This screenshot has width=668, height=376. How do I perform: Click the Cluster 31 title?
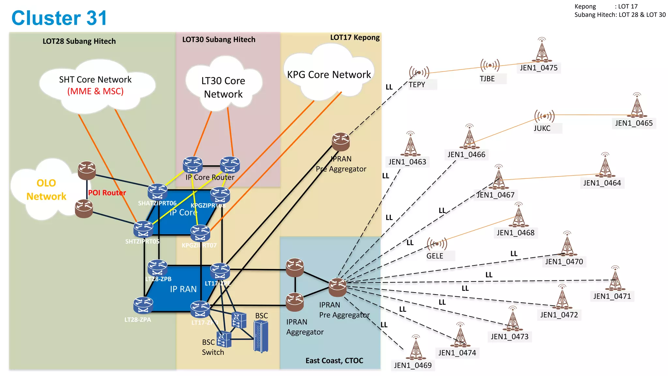(x=59, y=18)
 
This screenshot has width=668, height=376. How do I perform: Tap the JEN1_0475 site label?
(x=539, y=68)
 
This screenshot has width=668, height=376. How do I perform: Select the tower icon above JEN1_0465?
(x=637, y=106)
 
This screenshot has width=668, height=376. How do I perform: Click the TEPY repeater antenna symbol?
(x=419, y=72)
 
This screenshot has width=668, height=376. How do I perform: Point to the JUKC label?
(x=542, y=128)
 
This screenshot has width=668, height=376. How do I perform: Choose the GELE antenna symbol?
(x=436, y=243)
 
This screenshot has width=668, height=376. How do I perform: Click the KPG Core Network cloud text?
(x=329, y=75)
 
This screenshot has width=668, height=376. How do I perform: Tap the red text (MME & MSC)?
(x=95, y=91)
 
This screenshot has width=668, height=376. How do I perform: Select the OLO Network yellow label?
(x=46, y=190)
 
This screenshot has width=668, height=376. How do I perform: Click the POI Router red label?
(x=107, y=193)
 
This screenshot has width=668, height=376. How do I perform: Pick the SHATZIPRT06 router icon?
(x=158, y=191)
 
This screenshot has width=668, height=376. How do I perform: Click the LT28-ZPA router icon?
(x=143, y=305)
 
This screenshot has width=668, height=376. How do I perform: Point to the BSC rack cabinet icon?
(x=261, y=336)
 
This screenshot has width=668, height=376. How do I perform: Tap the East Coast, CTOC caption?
(x=334, y=360)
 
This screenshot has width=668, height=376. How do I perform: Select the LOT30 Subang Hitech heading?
(x=219, y=39)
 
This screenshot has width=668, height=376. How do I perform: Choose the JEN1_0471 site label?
(x=612, y=296)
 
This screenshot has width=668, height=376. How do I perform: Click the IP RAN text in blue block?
(x=183, y=289)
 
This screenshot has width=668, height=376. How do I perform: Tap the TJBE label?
(x=487, y=79)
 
